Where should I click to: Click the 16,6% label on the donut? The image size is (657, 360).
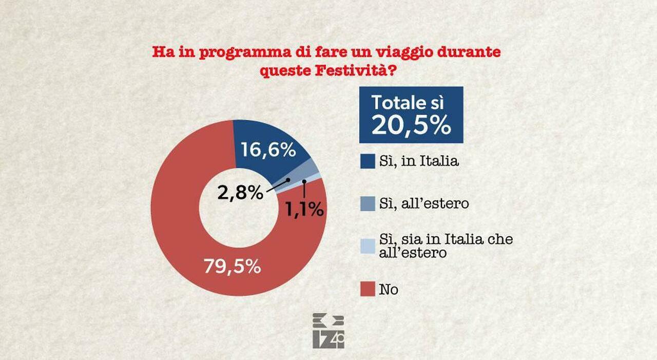(268, 150)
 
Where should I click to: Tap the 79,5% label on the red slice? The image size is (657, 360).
(233, 267)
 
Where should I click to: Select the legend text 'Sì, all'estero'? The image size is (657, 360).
(424, 204)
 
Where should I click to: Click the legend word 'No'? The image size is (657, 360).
(389, 290)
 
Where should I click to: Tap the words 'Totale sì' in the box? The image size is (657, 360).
(408, 102)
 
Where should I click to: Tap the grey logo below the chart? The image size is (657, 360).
(328, 331)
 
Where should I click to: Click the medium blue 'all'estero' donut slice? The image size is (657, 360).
(313, 166)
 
